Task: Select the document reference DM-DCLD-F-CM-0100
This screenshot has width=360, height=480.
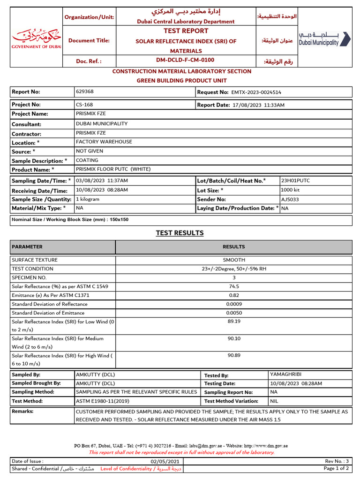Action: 185,60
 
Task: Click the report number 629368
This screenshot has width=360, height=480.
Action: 85,92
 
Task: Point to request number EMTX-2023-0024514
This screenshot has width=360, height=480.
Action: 256,93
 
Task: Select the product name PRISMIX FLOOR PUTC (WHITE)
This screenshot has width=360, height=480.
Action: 111,169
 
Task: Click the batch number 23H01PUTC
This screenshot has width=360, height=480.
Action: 295,180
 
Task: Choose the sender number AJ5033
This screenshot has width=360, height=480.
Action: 289,199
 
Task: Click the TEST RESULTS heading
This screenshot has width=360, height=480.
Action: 180,233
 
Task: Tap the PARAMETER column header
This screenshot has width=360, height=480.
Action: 27,247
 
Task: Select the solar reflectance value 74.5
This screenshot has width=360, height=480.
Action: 234,286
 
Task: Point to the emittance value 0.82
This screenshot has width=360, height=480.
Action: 234,295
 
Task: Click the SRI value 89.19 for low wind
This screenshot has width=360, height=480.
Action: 234,322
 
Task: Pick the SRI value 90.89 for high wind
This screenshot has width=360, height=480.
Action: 234,355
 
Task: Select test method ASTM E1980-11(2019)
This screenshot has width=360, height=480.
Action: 103,401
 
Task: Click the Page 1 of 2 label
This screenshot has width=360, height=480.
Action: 336,468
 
